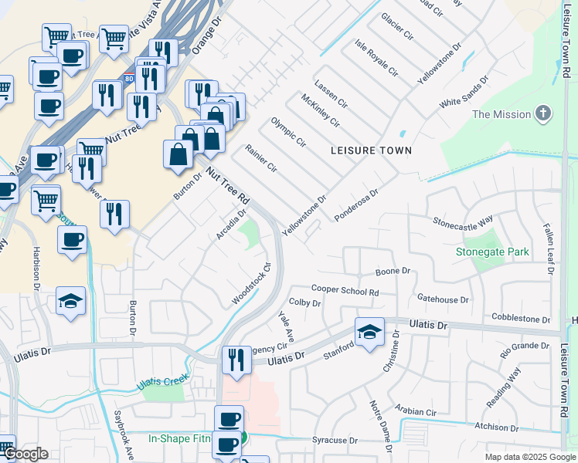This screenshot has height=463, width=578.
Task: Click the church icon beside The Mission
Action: point(544,114)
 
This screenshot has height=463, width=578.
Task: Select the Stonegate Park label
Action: point(492,252)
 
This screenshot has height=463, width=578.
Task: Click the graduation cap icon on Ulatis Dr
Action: point(370,332)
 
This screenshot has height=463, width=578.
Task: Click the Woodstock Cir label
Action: point(252,284)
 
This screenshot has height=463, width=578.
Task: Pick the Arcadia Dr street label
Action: point(230,223)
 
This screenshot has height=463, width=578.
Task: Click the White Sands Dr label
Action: point(464,91)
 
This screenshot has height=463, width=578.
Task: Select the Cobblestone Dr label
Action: point(521,319)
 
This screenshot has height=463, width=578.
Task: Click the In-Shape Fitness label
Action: point(180,438)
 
